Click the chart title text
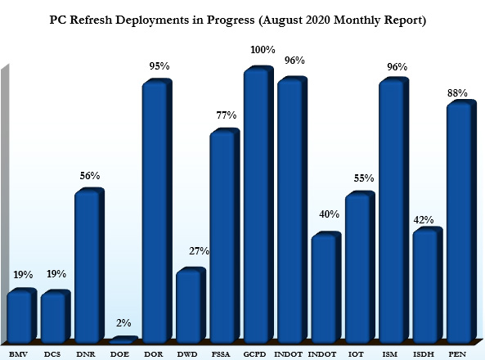pyautogui.click(x=242, y=19)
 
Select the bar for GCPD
pyautogui.click(x=258, y=205)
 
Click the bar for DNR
pyautogui.click(x=88, y=266)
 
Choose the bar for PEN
pyautogui.click(x=459, y=221)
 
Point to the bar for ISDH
pyautogui.click(x=425, y=286)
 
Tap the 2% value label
pyautogui.click(x=123, y=323)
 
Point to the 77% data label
pyautogui.click(x=225, y=116)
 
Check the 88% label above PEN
pyautogui.click(x=458, y=93)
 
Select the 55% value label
pyautogui.click(x=363, y=178)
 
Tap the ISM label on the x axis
pyautogui.click(x=391, y=354)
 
